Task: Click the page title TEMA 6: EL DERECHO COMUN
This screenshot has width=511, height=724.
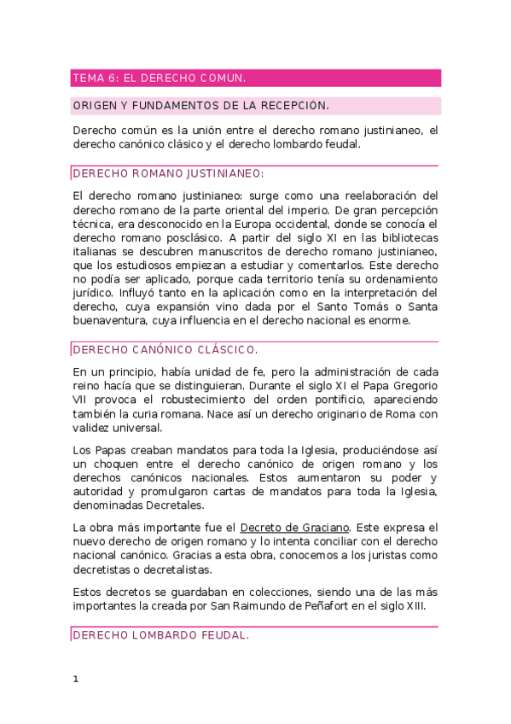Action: coord(160,78)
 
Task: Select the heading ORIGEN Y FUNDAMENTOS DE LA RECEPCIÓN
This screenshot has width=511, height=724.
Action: coord(200,106)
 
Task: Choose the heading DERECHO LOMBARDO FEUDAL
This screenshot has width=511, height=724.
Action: coord(160,635)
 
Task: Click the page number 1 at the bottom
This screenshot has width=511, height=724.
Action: coord(76,680)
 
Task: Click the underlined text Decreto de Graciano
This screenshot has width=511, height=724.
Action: coord(294,528)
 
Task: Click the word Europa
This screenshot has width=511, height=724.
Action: coord(245,224)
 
